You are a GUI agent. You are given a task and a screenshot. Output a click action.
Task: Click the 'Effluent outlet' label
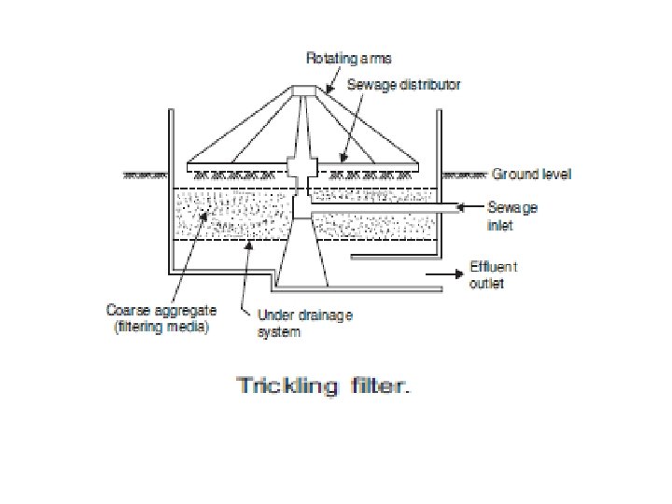[x=494, y=274]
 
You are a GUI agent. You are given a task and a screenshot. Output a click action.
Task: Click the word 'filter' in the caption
[x=373, y=385]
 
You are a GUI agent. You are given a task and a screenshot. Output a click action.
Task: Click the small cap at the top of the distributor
[x=304, y=91]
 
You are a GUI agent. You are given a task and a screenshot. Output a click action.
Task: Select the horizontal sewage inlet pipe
[x=392, y=208]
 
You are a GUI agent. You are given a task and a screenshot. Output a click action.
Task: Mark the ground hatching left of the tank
[x=143, y=174]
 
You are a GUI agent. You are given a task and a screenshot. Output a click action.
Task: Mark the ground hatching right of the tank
[x=464, y=174]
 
